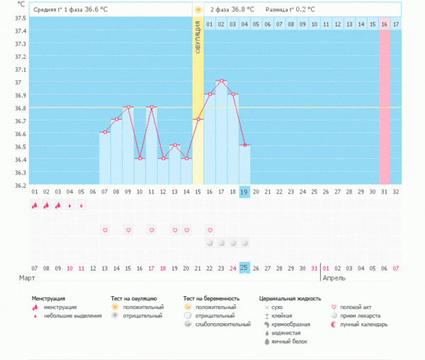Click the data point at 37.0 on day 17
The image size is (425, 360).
[221, 81]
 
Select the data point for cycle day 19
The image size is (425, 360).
[244, 145]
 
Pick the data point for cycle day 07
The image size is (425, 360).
[105, 132]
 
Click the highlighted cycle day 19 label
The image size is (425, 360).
[244, 192]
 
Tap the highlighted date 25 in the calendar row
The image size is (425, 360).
[244, 267]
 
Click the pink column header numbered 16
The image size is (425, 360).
[384, 24]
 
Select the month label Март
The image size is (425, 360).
[27, 278]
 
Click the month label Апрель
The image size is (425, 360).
[334, 278]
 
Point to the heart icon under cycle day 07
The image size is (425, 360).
[105, 230]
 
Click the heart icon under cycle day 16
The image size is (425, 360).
[210, 230]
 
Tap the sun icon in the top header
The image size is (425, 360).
[198, 10]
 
